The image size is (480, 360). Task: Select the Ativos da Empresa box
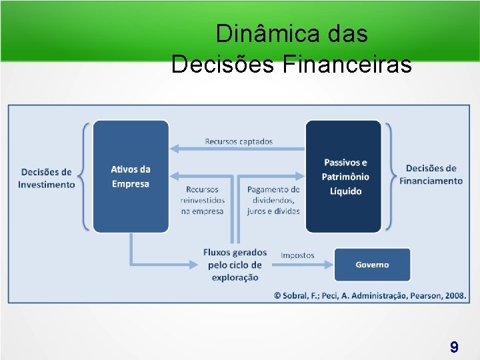131,177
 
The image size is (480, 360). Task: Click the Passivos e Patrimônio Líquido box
344,177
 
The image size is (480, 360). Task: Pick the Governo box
372,265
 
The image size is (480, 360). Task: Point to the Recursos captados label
239,141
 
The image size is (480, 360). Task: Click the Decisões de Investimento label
47,178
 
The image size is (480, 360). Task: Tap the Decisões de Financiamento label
431,175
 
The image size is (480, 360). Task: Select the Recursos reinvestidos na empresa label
203,200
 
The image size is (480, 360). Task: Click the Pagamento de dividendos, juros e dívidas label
273,200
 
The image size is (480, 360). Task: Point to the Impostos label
297,255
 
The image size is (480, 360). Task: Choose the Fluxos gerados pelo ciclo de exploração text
235,265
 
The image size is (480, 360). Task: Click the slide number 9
454,347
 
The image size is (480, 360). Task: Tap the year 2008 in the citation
455,295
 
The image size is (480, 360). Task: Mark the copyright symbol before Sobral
277,295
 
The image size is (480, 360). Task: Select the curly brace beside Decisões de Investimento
84,177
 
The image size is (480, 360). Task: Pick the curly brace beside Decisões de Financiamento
390,177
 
